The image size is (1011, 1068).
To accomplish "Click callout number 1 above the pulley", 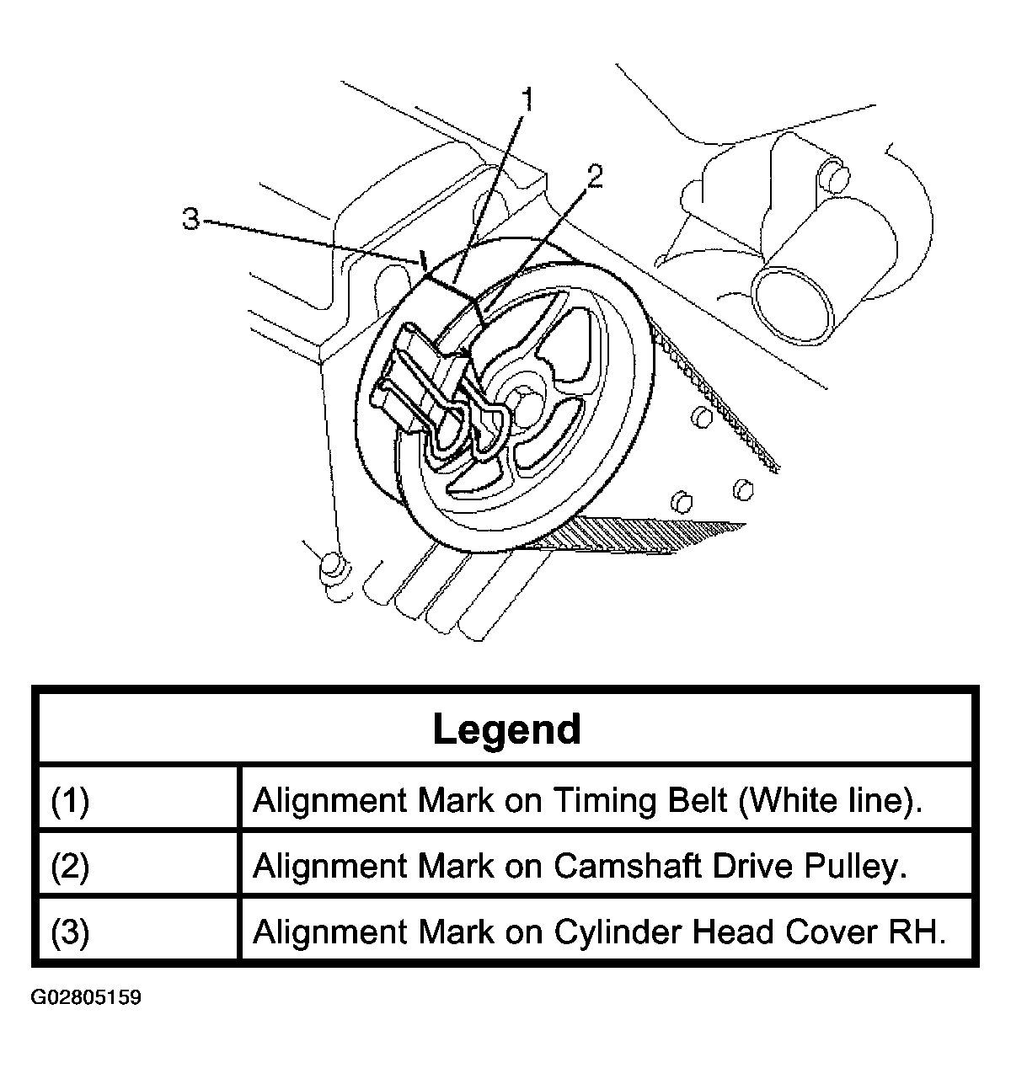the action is pyautogui.click(x=528, y=99).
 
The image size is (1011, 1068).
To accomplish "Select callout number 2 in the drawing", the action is pyautogui.click(x=595, y=175).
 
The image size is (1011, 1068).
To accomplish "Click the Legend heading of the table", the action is pyautogui.click(x=506, y=729).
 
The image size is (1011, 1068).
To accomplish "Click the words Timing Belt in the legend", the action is pyautogui.click(x=640, y=799).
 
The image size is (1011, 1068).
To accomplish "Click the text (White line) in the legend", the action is pyautogui.click(x=830, y=799).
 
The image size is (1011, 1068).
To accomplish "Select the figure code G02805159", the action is pyautogui.click(x=86, y=998).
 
